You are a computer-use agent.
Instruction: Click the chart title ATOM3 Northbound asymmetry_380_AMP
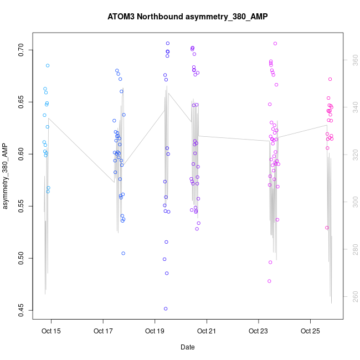pyautogui.click(x=187, y=17)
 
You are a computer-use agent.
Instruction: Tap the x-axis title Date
pyautogui.click(x=187, y=347)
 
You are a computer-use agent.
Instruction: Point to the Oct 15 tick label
pyautogui.click(x=52, y=331)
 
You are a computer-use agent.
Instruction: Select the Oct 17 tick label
pyautogui.click(x=103, y=331)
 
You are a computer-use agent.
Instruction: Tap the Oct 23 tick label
pyautogui.click(x=258, y=331)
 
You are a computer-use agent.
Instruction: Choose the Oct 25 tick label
pyautogui.click(x=310, y=331)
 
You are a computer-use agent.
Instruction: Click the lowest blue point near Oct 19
pyautogui.click(x=166, y=308)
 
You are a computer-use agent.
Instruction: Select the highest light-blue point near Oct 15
pyautogui.click(x=48, y=65)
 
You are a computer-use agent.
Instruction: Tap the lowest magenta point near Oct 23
pyautogui.click(x=269, y=281)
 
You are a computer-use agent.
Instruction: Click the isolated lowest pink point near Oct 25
pyautogui.click(x=327, y=228)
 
